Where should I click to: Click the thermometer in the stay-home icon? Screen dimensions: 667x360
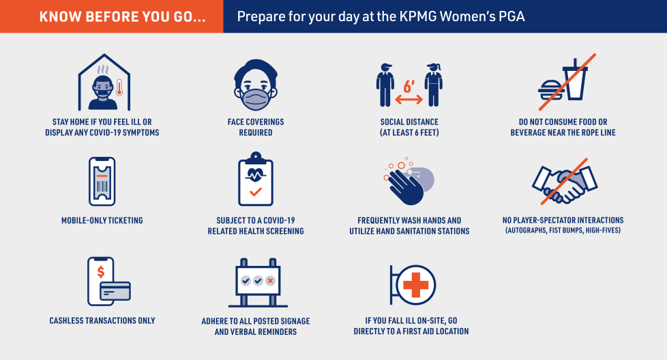pyautogui.click(x=119, y=87)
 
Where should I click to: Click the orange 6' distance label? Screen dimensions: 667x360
pyautogui.click(x=409, y=87)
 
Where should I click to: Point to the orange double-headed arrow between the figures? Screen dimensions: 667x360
pyautogui.click(x=409, y=100)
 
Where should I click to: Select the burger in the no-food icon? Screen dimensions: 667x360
pyautogui.click(x=551, y=91)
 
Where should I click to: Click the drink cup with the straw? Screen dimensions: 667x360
pyautogui.click(x=575, y=79)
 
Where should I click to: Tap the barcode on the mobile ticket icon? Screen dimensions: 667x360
pyautogui.click(x=102, y=186)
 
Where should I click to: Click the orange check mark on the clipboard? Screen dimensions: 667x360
pyautogui.click(x=256, y=192)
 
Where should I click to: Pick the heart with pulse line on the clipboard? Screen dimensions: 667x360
pyautogui.click(x=255, y=175)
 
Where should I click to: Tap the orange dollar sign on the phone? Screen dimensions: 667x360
pyautogui.click(x=101, y=271)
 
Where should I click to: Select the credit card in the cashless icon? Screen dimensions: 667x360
pyautogui.click(x=115, y=291)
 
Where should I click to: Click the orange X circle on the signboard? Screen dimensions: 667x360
pyautogui.click(x=270, y=280)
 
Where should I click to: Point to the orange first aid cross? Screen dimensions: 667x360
pyautogui.click(x=415, y=285)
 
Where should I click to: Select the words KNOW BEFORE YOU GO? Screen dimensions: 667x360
pyautogui.click(x=123, y=17)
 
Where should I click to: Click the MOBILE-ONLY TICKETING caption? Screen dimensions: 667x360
pyautogui.click(x=102, y=220)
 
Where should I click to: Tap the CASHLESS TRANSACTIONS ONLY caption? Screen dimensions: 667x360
pyautogui.click(x=102, y=320)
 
